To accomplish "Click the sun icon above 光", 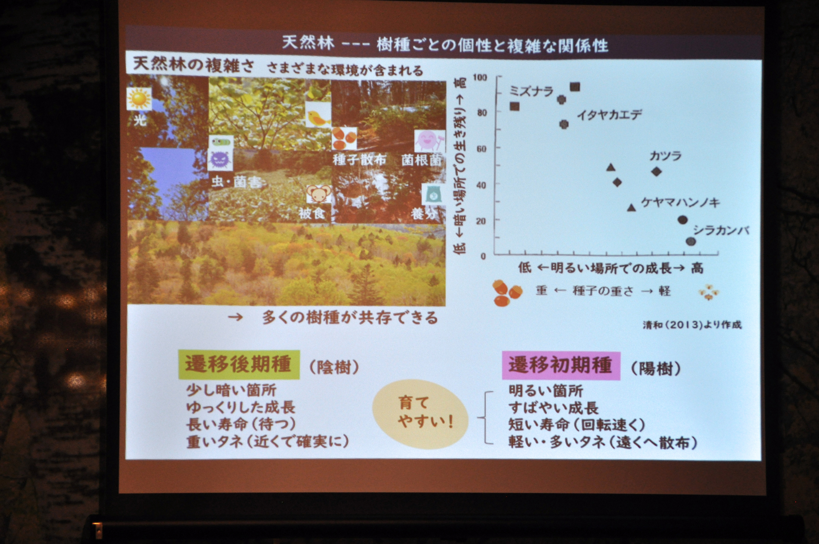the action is click(x=139, y=99).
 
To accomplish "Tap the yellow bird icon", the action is click(x=318, y=114).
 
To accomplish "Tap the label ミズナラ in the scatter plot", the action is click(x=531, y=92).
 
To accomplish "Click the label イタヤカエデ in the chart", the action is click(x=609, y=115).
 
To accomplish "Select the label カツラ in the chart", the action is click(x=665, y=156).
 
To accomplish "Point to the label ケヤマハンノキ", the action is click(x=680, y=203).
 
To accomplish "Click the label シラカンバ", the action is click(x=721, y=230).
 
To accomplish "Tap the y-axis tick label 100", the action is click(x=480, y=77).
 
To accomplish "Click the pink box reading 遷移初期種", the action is click(x=561, y=366).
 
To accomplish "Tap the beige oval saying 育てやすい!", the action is click(x=420, y=413).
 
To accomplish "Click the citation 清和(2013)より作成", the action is click(x=692, y=325).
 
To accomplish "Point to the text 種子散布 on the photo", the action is click(x=359, y=160).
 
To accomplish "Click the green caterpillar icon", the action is click(x=221, y=141).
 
